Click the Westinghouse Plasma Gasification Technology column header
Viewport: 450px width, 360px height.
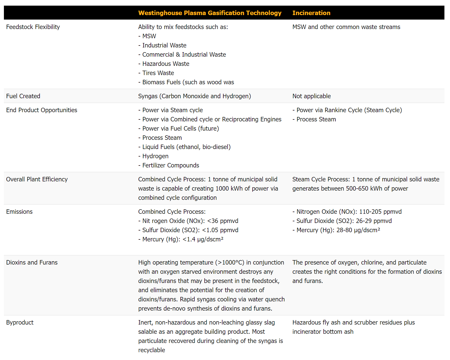coord(210,13)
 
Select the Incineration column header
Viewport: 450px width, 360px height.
coord(311,13)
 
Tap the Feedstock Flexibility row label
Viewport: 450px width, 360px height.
coord(33,27)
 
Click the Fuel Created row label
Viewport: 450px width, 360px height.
coord(23,96)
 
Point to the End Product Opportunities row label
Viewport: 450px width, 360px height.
coord(42,110)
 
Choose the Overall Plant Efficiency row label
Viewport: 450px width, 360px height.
coord(37,179)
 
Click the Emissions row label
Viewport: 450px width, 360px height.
coord(19,212)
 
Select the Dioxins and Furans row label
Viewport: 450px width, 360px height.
coord(32,262)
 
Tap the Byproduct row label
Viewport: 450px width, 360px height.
coord(20,322)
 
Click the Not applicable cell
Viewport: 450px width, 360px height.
coord(311,96)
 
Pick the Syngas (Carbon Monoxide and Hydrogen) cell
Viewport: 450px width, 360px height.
coord(194,96)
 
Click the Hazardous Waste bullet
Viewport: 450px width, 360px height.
coord(166,64)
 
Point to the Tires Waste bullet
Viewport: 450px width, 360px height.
coord(158,73)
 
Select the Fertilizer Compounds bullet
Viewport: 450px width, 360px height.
coord(171,165)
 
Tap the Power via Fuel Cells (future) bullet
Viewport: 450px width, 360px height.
coord(180,128)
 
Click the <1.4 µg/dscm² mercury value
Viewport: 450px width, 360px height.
coord(203,239)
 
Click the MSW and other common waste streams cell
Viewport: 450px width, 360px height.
coord(346,27)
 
